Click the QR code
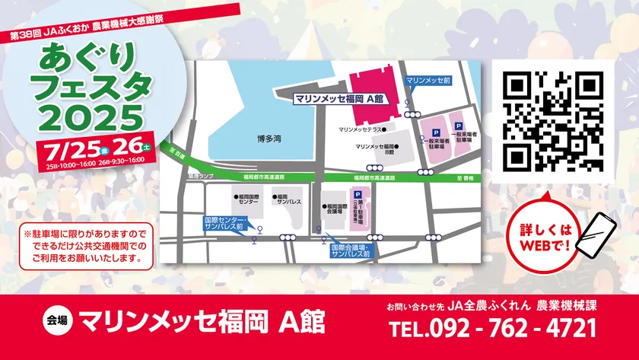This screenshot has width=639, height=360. (x=552, y=121)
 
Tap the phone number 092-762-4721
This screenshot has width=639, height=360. (x=492, y=328)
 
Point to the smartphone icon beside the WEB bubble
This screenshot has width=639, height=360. (x=596, y=234)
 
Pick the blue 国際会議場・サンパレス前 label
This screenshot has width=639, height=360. (x=350, y=251)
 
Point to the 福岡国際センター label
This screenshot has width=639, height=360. (x=247, y=200)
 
